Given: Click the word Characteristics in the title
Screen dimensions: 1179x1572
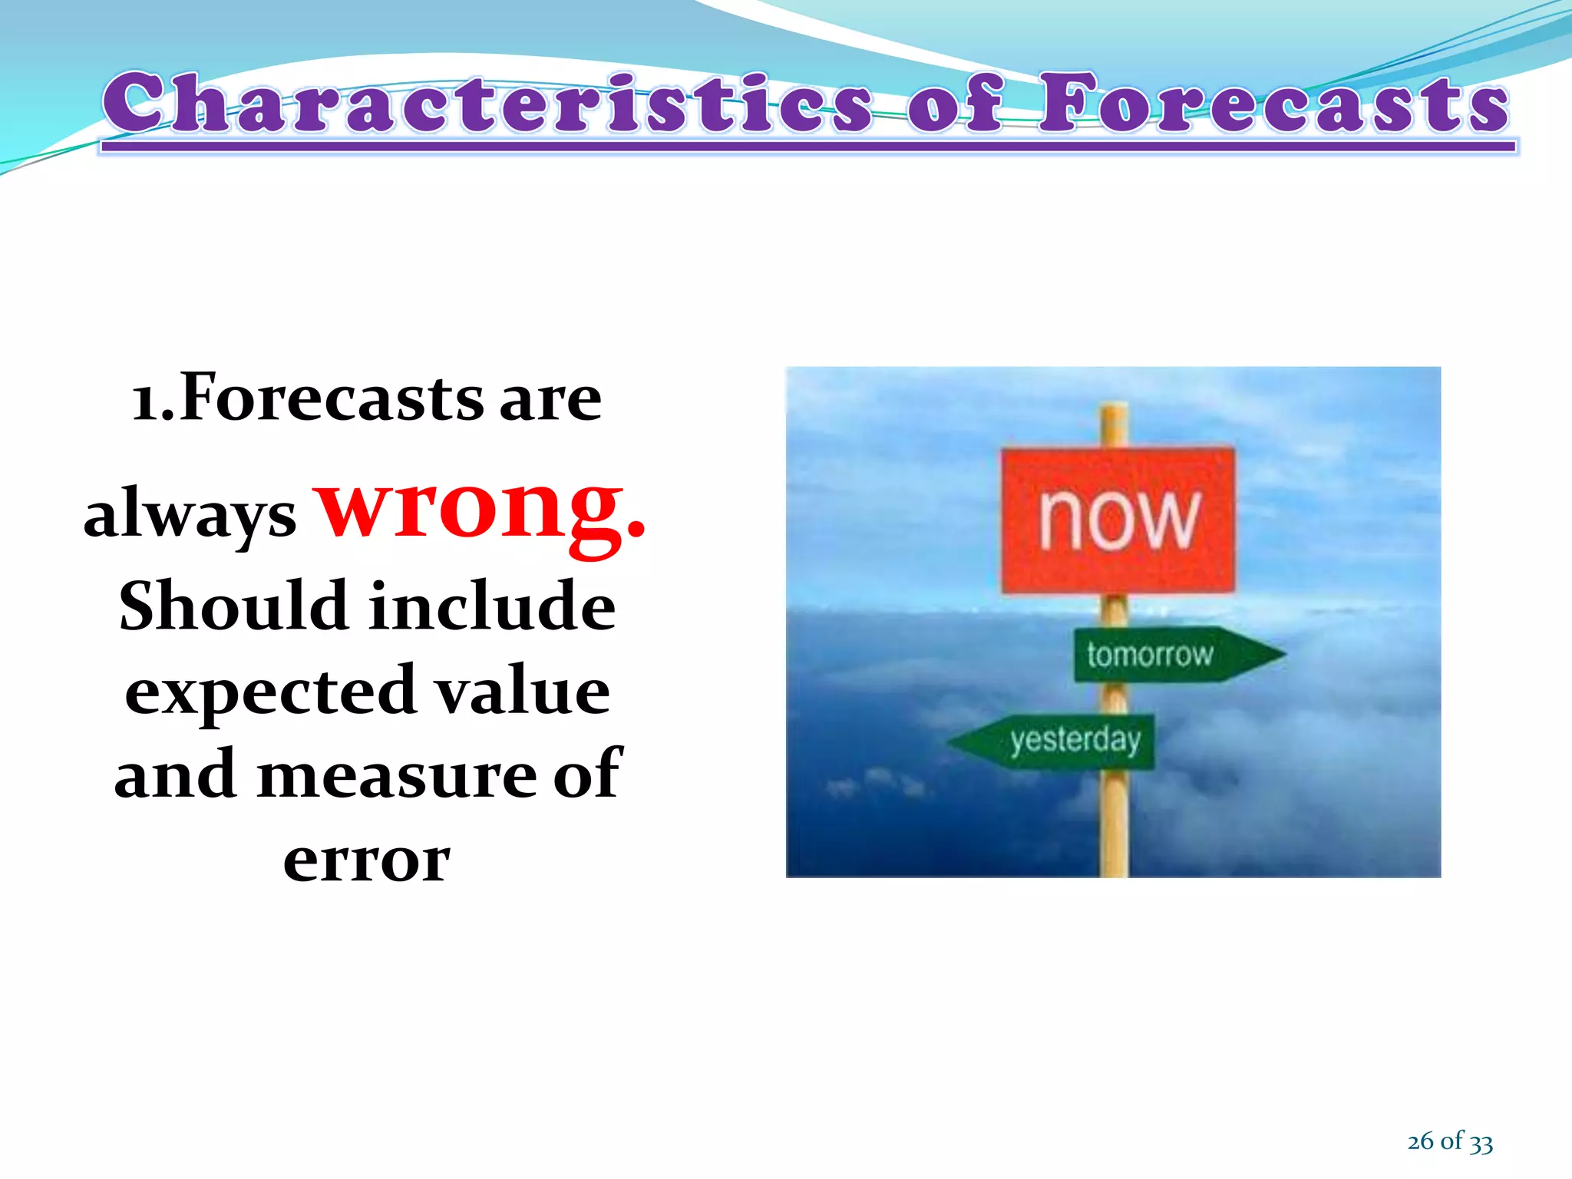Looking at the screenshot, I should [x=488, y=103].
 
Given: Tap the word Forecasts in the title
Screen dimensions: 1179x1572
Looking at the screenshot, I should [x=1274, y=103].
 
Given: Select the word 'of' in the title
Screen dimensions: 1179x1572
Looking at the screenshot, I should [x=956, y=103].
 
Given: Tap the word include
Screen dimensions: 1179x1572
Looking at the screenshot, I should [x=492, y=606].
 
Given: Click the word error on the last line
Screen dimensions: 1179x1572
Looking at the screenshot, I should [x=366, y=860].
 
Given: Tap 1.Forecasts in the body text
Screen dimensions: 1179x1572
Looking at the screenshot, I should [x=308, y=399].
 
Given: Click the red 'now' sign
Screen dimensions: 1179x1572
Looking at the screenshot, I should [x=1118, y=520].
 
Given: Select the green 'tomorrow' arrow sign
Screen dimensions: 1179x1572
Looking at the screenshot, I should [x=1167, y=655].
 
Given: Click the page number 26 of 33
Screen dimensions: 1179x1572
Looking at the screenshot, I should [x=1449, y=1141].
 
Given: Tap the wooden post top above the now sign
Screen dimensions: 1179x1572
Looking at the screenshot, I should [x=1115, y=424].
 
